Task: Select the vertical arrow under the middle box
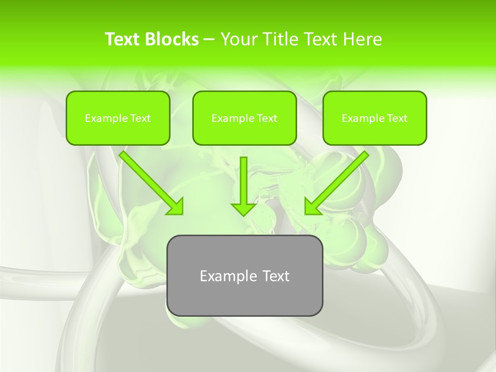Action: coord(244,181)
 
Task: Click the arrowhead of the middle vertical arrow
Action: coord(244,209)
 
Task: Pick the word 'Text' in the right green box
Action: coord(396,118)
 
